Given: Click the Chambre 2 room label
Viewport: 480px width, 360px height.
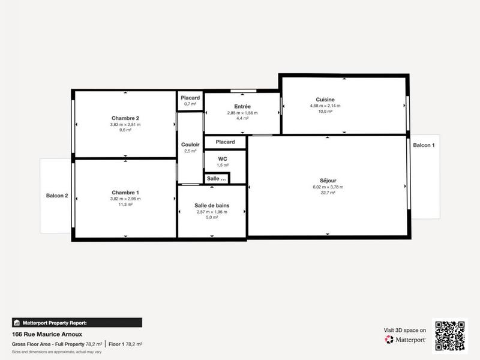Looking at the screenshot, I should [x=125, y=118].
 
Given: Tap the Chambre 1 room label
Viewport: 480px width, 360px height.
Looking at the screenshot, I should [x=125, y=192].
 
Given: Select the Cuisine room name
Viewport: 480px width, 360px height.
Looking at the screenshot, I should [x=325, y=100].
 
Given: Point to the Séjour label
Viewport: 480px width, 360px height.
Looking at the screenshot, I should [x=328, y=181].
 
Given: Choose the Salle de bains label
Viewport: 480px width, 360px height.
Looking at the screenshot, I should [x=212, y=205].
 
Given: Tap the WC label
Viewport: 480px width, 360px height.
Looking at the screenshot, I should [x=222, y=159].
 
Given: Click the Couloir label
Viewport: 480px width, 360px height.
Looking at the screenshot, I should [x=190, y=145].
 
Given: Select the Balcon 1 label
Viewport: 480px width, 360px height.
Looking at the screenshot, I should [x=424, y=146].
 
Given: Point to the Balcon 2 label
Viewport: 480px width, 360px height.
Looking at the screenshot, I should [x=57, y=196].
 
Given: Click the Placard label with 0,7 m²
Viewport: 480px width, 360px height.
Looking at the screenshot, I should [x=190, y=98].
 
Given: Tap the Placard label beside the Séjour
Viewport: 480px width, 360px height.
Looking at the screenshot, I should [x=225, y=142].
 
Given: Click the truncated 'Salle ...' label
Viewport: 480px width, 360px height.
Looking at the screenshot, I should [x=217, y=179].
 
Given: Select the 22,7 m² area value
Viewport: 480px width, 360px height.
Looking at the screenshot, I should [x=328, y=193].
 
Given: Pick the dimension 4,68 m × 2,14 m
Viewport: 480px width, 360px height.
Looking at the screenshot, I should [x=325, y=106].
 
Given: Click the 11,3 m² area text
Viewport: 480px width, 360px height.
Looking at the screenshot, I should [x=125, y=204].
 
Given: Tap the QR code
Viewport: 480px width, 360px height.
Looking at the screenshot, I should [x=450, y=335].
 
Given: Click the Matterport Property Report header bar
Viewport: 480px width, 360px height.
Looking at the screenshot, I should [x=77, y=322].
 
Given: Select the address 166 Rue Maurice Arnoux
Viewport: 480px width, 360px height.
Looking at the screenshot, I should [x=47, y=334].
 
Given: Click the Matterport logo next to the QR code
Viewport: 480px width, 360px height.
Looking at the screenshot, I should [x=406, y=340].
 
